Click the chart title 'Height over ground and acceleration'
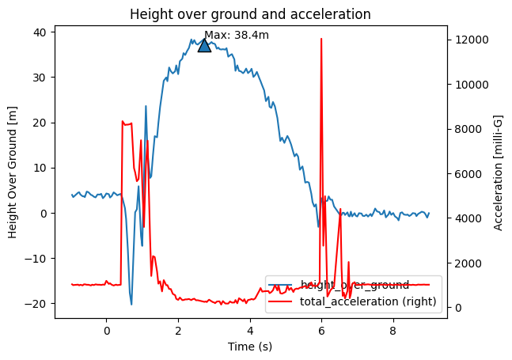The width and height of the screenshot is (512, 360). [250, 14]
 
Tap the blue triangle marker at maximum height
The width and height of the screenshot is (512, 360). [204, 45]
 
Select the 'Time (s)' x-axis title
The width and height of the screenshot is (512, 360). [250, 346]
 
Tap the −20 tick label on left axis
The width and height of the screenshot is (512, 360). [36, 304]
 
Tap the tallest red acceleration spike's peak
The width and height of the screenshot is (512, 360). [321, 38]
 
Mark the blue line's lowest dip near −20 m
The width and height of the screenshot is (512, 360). [131, 304]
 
